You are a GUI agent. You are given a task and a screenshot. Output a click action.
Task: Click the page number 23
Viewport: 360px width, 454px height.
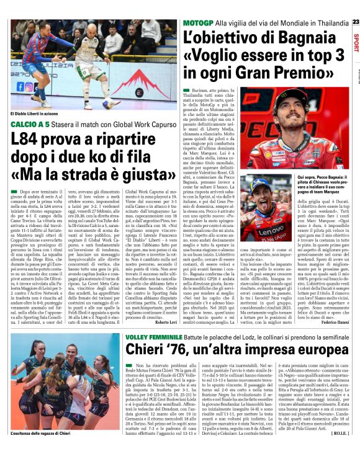pos(355,21)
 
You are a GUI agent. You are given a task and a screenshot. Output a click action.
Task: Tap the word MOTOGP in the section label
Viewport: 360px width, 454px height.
pos(197,23)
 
